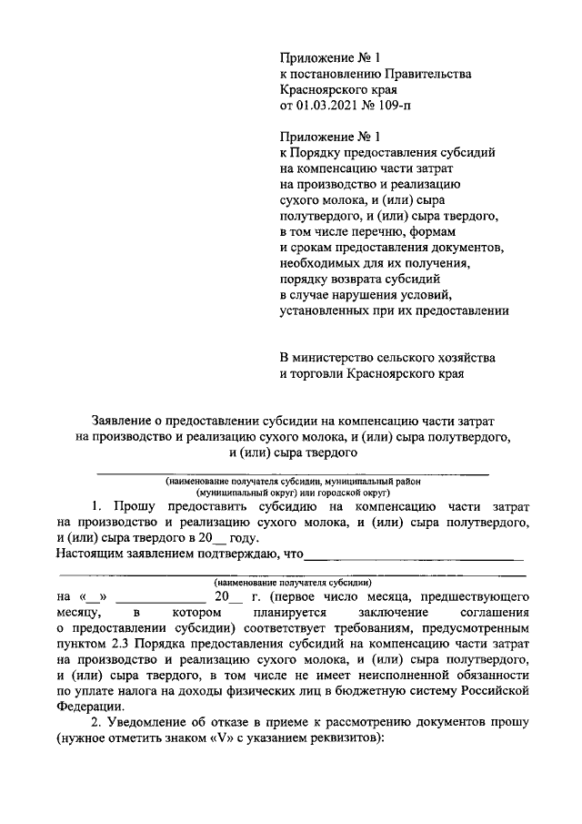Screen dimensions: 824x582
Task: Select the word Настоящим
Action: click(x=89, y=553)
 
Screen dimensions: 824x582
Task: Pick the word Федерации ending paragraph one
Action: click(x=85, y=709)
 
